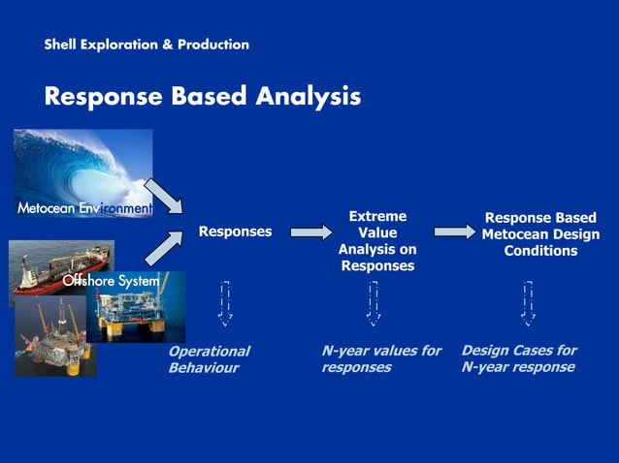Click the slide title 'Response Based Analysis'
(202, 97)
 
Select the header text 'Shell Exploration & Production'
(147, 45)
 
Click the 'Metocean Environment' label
(85, 208)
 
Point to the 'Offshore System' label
(111, 281)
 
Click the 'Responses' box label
(235, 232)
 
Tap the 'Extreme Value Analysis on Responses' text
(377, 241)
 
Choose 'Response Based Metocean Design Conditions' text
(540, 234)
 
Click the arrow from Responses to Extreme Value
(310, 232)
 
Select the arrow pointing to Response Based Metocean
(454, 232)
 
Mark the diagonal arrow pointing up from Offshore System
(162, 247)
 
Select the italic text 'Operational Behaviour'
(209, 359)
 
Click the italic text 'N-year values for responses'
(380, 358)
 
